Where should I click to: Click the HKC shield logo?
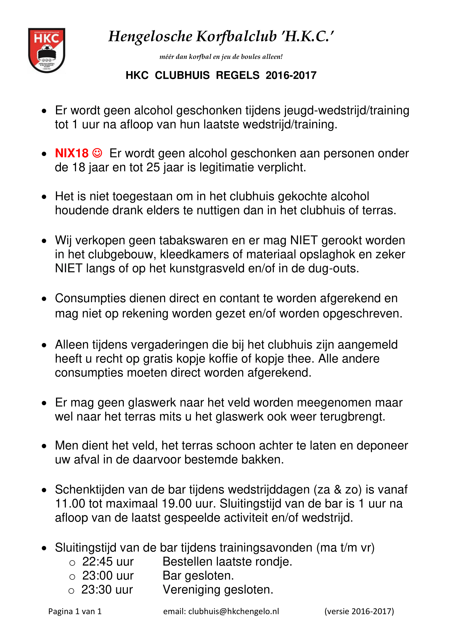[47, 50]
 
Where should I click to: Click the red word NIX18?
[72, 153]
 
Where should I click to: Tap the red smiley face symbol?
[97, 153]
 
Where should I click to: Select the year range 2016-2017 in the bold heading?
[291, 75]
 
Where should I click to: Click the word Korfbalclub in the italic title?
[236, 37]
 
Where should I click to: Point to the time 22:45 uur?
[108, 562]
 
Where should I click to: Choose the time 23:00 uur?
[108, 576]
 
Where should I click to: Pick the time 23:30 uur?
[107, 589]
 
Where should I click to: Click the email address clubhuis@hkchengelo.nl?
[234, 612]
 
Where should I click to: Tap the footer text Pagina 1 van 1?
[75, 612]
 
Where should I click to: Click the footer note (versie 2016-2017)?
[359, 612]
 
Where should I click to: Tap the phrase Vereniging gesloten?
[218, 589]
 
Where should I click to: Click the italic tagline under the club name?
[221, 57]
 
